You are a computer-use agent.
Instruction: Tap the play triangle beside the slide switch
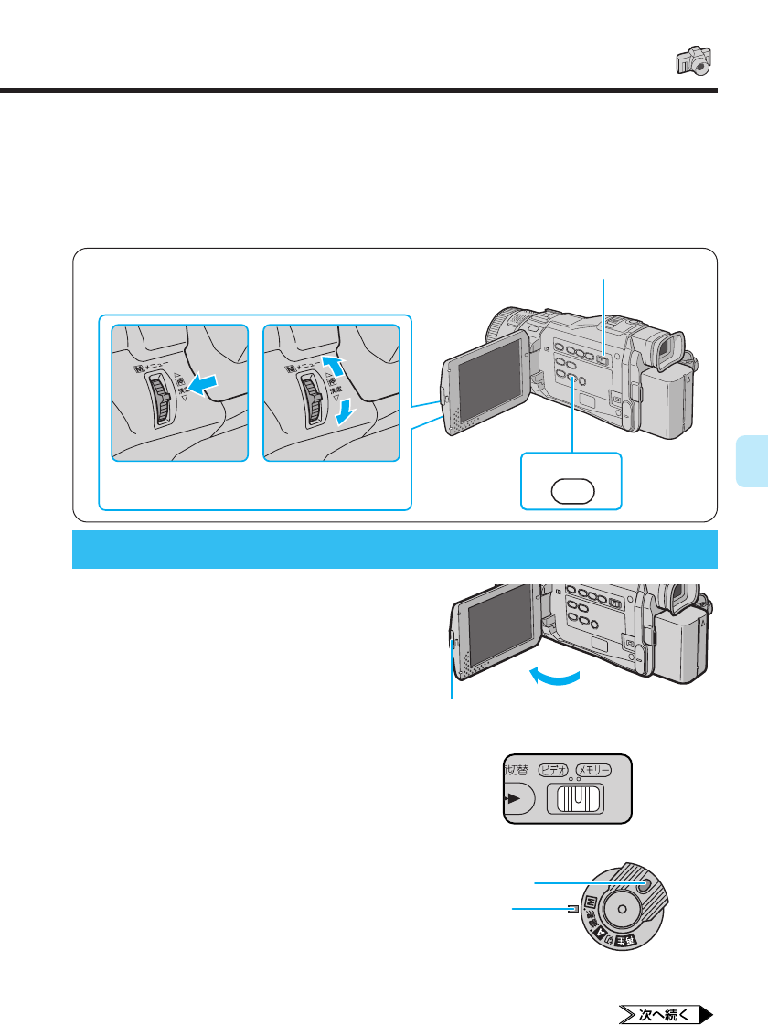514,798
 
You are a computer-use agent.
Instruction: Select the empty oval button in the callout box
571,490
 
